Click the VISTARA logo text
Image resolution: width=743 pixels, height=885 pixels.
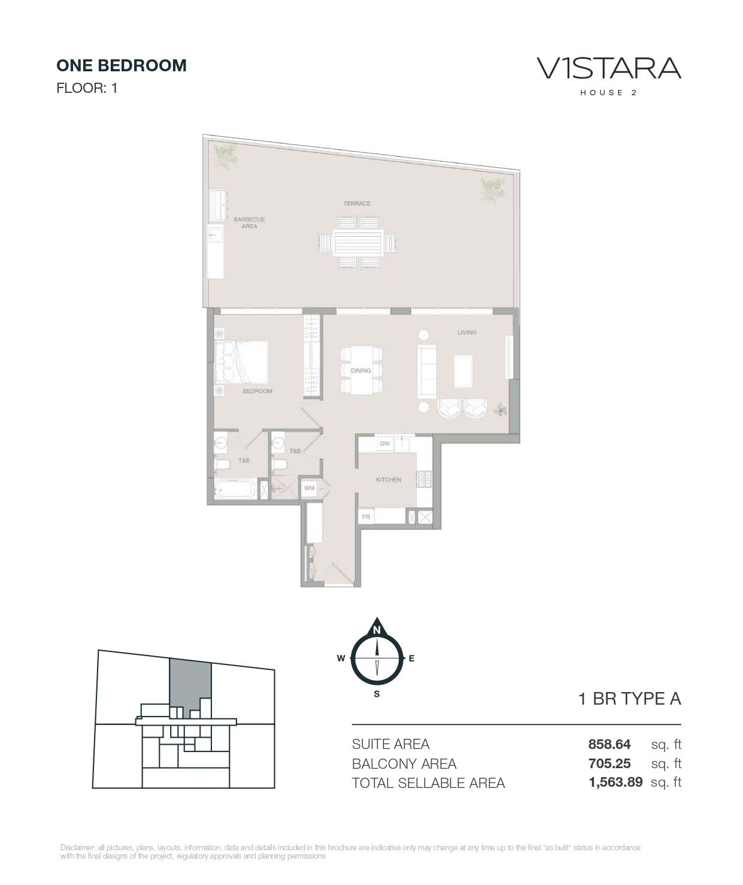[609, 68]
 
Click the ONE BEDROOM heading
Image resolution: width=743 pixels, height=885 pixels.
[122, 65]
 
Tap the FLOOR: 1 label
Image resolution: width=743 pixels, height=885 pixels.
[87, 88]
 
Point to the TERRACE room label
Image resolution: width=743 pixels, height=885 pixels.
[357, 204]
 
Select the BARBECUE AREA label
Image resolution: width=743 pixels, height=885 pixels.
[249, 223]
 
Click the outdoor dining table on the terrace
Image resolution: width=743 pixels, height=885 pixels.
[358, 243]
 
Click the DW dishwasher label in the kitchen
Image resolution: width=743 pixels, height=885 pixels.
[384, 444]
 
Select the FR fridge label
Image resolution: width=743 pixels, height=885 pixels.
[366, 516]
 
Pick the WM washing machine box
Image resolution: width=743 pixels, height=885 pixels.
[309, 488]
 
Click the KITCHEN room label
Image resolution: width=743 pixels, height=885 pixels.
[388, 480]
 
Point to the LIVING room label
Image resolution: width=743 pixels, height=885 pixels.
[466, 333]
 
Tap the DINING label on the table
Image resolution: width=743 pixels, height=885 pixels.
[361, 371]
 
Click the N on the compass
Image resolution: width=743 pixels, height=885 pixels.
[377, 630]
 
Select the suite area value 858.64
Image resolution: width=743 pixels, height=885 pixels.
[609, 744]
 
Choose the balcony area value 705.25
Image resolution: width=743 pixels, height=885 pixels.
[609, 763]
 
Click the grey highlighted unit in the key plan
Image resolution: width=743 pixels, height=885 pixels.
[189, 683]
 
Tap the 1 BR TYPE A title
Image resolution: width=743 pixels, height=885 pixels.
[629, 699]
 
